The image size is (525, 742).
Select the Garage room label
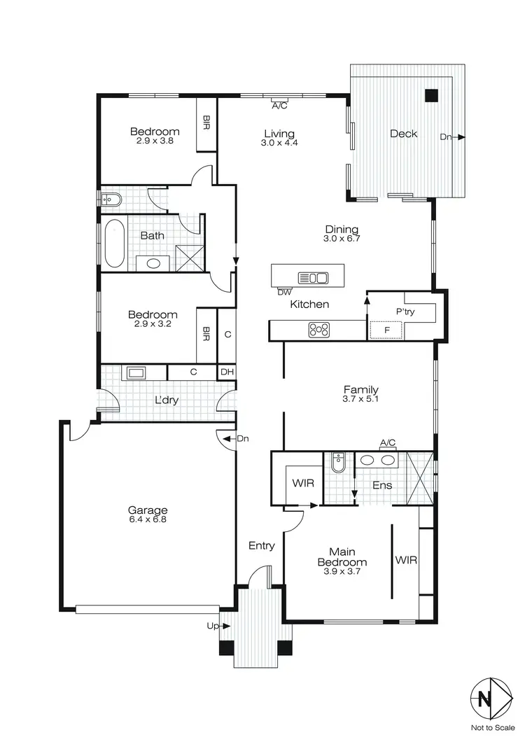coord(146,510)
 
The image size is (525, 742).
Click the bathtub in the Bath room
coord(113,244)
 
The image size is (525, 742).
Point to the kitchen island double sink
coord(313,277)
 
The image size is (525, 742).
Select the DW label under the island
coord(284,291)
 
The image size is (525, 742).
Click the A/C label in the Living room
coord(279,106)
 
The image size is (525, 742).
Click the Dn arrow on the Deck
coord(451,137)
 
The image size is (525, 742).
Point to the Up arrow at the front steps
coord(216,626)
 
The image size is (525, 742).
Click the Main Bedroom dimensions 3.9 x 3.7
coord(342,572)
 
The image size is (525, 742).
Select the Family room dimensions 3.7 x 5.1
coord(361,400)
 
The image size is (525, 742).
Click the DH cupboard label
coord(227,372)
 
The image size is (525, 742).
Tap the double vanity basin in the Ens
coord(377,461)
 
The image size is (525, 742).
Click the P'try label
coord(405,312)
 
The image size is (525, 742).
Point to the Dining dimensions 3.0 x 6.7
coord(342,239)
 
